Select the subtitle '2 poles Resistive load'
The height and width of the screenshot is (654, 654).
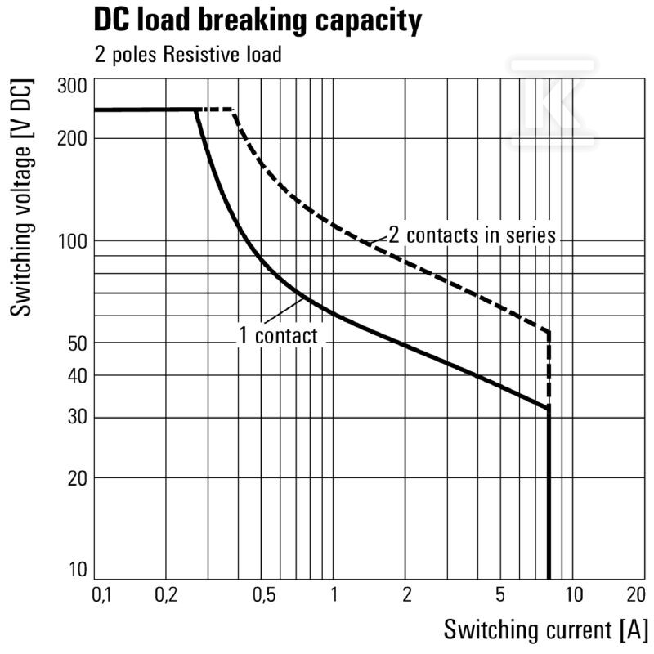click(188, 55)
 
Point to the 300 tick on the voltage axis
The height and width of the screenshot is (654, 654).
click(72, 86)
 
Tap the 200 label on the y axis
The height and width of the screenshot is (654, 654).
click(72, 138)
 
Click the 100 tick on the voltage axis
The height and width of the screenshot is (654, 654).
click(73, 240)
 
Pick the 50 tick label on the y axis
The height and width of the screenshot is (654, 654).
click(77, 343)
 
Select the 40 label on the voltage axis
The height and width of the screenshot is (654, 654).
click(77, 376)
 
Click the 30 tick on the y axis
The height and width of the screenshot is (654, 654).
click(77, 416)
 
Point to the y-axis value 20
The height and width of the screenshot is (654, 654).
click(77, 478)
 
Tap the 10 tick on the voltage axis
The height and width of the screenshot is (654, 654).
click(78, 569)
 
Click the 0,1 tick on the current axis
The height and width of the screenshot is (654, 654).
click(101, 594)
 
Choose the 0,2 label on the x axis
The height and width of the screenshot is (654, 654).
click(166, 594)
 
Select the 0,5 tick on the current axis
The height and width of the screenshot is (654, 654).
click(264, 594)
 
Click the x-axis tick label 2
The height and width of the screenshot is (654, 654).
click(407, 594)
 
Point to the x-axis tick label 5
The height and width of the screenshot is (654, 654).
click(500, 594)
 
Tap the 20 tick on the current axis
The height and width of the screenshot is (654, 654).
click(636, 594)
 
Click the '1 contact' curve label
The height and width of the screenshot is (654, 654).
click(278, 336)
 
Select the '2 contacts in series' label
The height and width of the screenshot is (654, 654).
click(473, 235)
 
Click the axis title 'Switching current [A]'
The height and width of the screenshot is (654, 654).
click(545, 629)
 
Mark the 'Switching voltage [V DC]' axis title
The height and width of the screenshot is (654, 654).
click(21, 197)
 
